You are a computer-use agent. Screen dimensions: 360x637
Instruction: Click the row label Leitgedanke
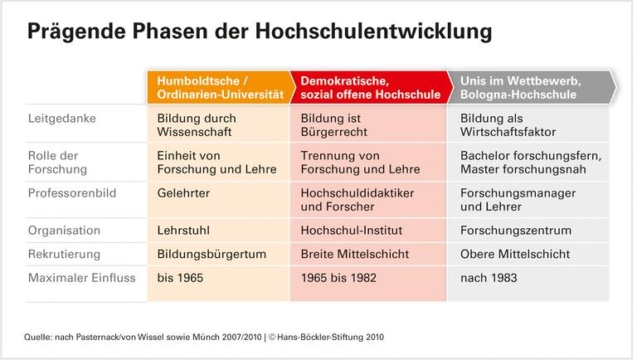point(62,119)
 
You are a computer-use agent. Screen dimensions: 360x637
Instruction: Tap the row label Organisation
point(65,230)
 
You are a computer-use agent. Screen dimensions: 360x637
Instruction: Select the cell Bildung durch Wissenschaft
point(196,125)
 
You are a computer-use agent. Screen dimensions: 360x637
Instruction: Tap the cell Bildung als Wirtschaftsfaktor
point(507,125)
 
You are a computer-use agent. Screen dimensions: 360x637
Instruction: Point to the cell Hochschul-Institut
point(348,230)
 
